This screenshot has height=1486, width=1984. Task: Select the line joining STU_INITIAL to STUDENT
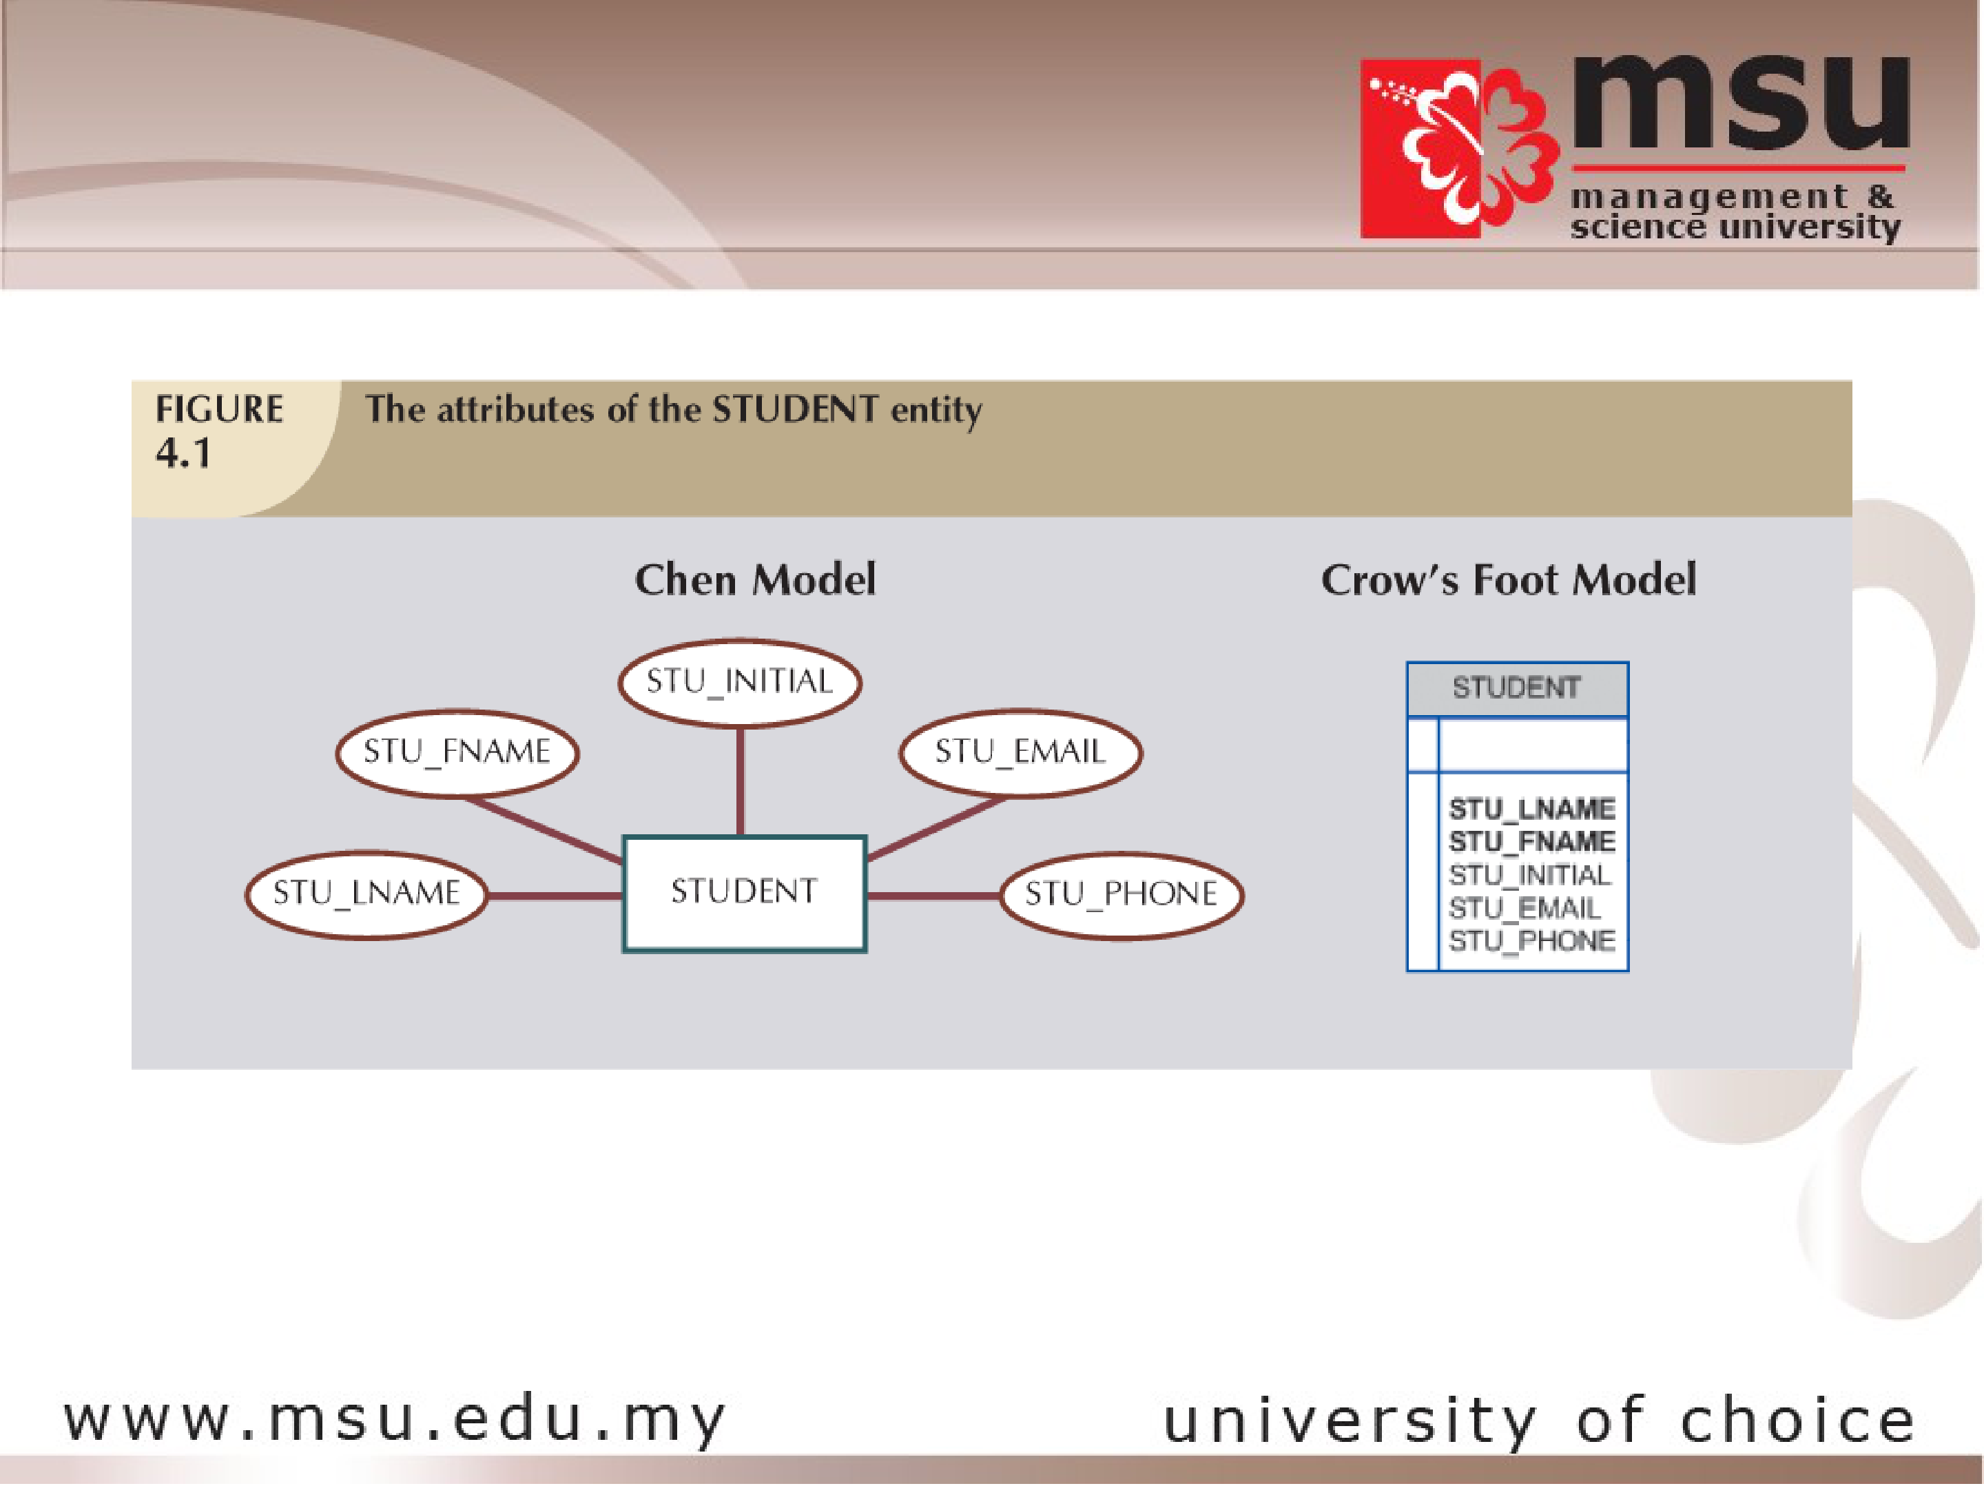[x=740, y=781]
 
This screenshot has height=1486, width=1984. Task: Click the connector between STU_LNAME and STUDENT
[x=555, y=895]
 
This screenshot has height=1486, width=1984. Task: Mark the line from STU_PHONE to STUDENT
[x=933, y=895]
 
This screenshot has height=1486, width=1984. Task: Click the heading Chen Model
[x=755, y=579]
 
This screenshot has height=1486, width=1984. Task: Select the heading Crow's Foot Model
[x=1509, y=579]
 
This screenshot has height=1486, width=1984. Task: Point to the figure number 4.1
[x=184, y=453]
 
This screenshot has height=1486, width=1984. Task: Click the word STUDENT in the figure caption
[x=795, y=410]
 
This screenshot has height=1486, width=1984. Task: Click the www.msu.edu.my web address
[x=395, y=1421]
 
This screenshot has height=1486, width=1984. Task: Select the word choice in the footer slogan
[x=1797, y=1421]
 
